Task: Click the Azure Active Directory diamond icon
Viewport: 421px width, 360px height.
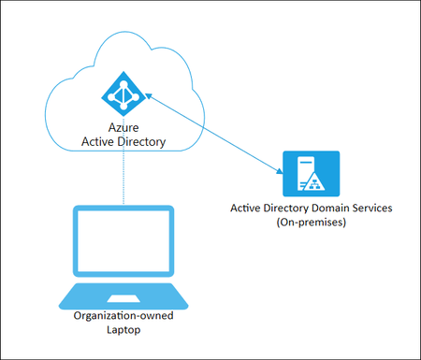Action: point(122,94)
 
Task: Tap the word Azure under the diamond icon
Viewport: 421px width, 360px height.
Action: point(123,128)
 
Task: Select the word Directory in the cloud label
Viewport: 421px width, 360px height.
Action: point(139,142)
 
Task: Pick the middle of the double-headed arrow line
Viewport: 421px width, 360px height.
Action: point(212,133)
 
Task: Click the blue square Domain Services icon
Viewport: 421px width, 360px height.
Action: point(312,173)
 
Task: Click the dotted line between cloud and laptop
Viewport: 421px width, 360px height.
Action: point(123,178)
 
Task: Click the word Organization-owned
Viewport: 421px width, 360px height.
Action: point(123,316)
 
